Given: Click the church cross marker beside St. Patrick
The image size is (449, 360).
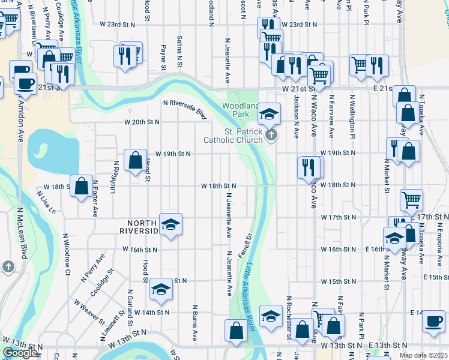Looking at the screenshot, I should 271,135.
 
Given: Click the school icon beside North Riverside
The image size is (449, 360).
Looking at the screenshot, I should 170,225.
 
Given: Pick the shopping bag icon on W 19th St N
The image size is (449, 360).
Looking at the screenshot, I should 135,160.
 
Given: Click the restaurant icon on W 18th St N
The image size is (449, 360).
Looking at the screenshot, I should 309,167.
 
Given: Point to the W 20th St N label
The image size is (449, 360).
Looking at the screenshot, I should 142,122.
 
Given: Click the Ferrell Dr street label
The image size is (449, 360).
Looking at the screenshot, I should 244,243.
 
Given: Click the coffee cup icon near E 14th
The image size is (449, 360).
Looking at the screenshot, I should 432,322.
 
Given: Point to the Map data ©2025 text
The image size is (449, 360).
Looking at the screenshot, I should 423,355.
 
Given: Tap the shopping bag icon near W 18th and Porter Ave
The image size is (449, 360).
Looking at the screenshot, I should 81,186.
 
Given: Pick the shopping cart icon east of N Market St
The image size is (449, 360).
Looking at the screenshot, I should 411,199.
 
